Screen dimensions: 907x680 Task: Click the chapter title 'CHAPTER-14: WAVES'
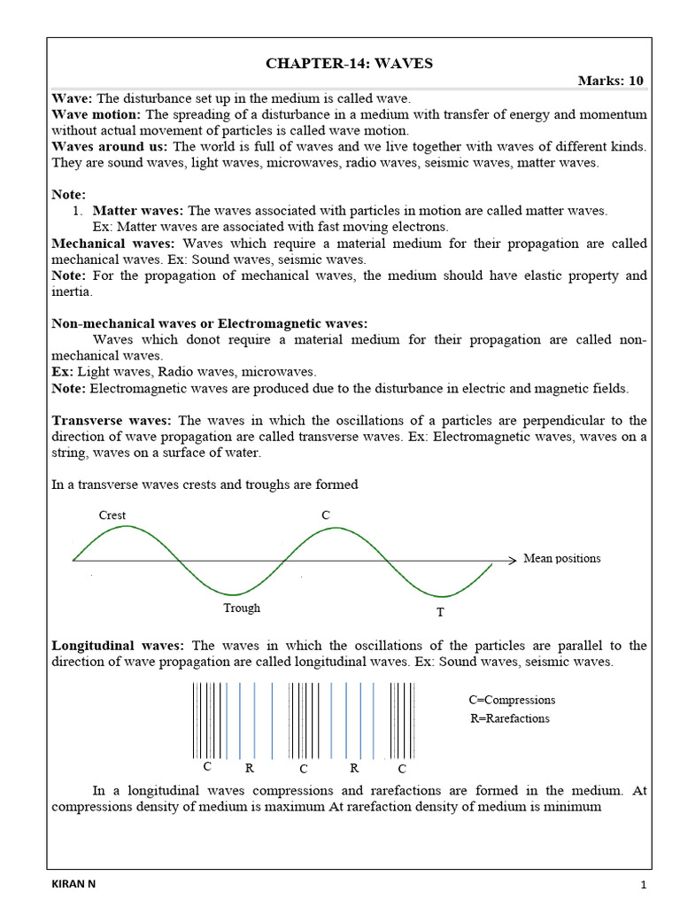pos(350,63)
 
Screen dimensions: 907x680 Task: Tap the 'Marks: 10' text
pos(611,81)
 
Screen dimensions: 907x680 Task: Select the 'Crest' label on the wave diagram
pos(112,516)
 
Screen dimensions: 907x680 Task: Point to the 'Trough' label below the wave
pos(241,608)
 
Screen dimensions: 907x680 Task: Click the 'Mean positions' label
pos(561,559)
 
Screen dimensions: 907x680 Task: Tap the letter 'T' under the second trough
pos(440,613)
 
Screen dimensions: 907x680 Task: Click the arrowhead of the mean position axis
pos(513,560)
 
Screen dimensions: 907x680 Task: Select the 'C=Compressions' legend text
pos(512,700)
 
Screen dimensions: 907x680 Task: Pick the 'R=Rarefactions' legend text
pos(509,718)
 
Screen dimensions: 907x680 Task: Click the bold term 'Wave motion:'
pos(97,114)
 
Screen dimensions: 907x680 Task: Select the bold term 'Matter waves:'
pos(138,211)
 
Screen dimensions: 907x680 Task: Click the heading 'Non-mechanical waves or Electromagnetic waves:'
pos(210,323)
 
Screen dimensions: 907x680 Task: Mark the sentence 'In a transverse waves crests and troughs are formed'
pos(205,485)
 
